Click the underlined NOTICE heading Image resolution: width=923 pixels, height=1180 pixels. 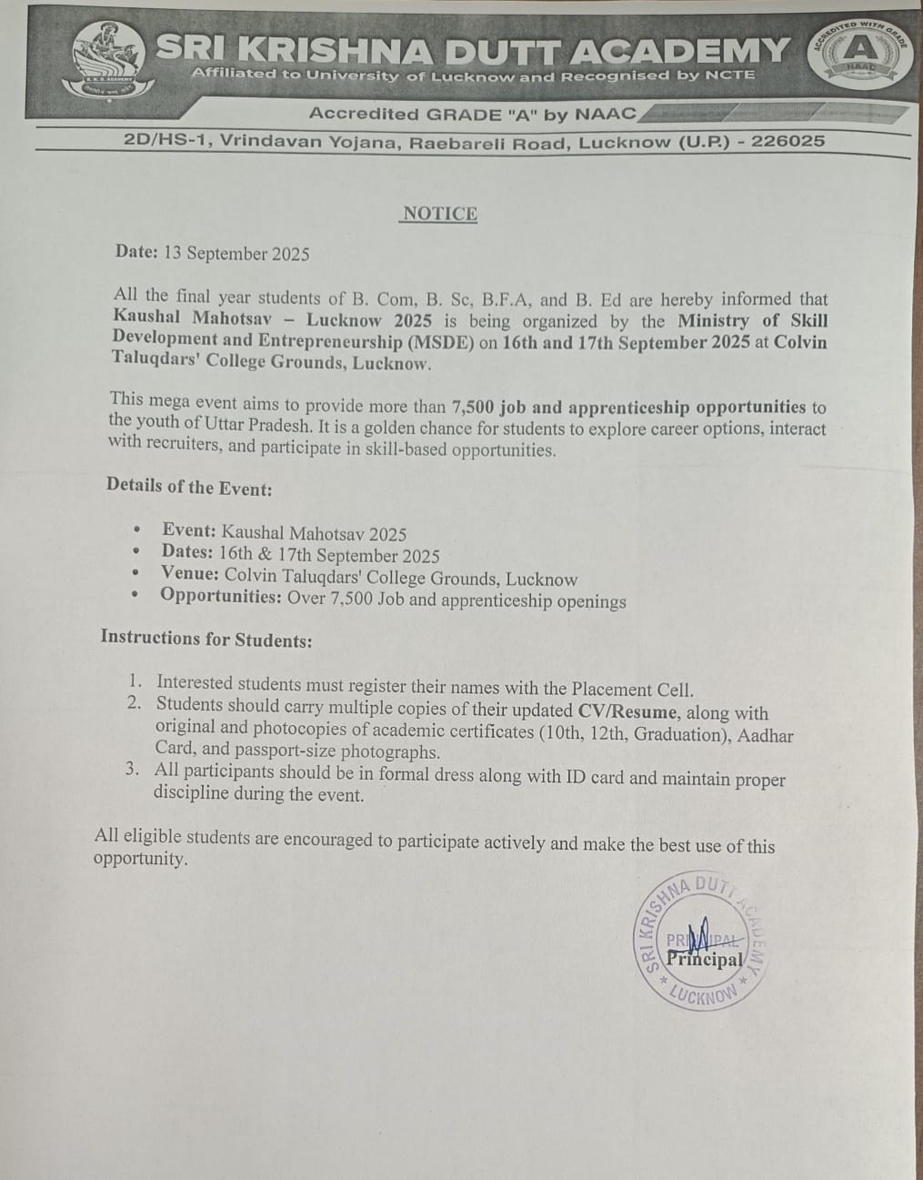tap(440, 214)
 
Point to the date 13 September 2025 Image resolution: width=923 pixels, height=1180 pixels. tap(236, 254)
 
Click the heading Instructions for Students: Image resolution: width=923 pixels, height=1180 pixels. tap(206, 639)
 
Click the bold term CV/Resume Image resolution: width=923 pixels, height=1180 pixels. tap(627, 712)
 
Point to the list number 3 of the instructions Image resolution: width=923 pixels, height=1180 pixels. tap(133, 770)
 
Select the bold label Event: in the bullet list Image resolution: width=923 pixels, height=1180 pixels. tap(189, 531)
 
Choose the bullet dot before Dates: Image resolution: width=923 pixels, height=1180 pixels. tap(135, 551)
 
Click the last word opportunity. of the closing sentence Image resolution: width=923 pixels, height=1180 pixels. tap(141, 859)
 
